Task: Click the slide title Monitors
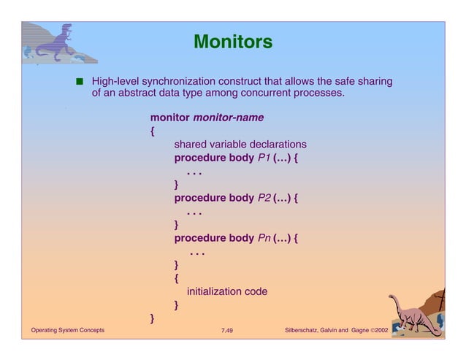coord(233,42)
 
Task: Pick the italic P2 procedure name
coord(264,198)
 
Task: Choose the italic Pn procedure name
coord(264,238)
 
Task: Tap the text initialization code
coord(227,291)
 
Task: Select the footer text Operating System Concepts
coord(67,331)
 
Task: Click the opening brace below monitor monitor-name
coord(152,131)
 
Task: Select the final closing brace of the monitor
coord(152,318)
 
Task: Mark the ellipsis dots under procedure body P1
coord(194,173)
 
